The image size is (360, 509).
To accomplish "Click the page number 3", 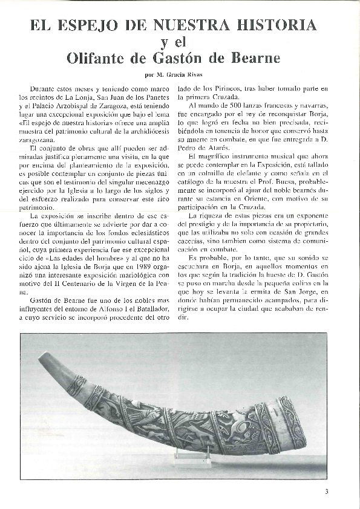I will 326,491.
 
